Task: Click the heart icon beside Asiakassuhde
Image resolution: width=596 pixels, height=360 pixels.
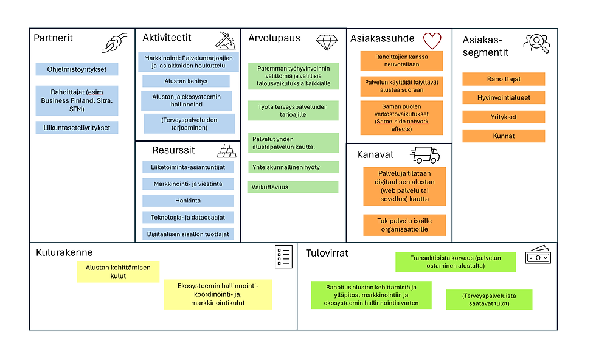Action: click(x=432, y=41)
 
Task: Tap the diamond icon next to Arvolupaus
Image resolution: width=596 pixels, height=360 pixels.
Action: click(x=327, y=43)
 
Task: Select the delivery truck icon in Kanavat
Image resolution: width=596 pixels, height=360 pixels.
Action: click(x=424, y=154)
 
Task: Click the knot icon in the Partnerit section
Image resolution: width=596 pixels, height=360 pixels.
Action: click(x=114, y=42)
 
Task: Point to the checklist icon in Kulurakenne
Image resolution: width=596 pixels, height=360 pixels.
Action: click(x=283, y=257)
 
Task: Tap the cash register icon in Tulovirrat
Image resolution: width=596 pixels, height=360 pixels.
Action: click(x=538, y=255)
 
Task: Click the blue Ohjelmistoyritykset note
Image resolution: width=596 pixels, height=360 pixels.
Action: click(x=77, y=69)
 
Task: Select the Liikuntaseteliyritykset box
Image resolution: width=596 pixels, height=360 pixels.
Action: click(x=77, y=128)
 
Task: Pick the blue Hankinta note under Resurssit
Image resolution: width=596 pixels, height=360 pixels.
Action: click(x=188, y=201)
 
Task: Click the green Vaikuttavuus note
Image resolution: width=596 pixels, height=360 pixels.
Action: click(x=293, y=187)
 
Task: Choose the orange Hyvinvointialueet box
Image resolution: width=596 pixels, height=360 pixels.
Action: click(x=504, y=98)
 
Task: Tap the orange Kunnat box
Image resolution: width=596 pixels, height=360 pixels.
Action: click(x=504, y=136)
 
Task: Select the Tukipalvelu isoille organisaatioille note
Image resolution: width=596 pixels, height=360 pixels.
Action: click(x=404, y=225)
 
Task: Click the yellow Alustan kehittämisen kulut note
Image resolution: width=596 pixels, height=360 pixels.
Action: click(x=118, y=272)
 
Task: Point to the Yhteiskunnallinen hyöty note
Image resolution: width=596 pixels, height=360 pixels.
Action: click(x=293, y=167)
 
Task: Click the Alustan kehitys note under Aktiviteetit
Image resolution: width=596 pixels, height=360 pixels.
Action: click(x=186, y=81)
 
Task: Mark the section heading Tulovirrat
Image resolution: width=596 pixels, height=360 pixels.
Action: click(x=327, y=253)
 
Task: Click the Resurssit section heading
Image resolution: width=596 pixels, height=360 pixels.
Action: click(x=173, y=150)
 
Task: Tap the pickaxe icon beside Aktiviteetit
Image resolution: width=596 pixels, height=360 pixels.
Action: click(x=226, y=41)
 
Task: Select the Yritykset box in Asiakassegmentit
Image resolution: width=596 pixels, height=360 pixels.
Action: click(x=504, y=117)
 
